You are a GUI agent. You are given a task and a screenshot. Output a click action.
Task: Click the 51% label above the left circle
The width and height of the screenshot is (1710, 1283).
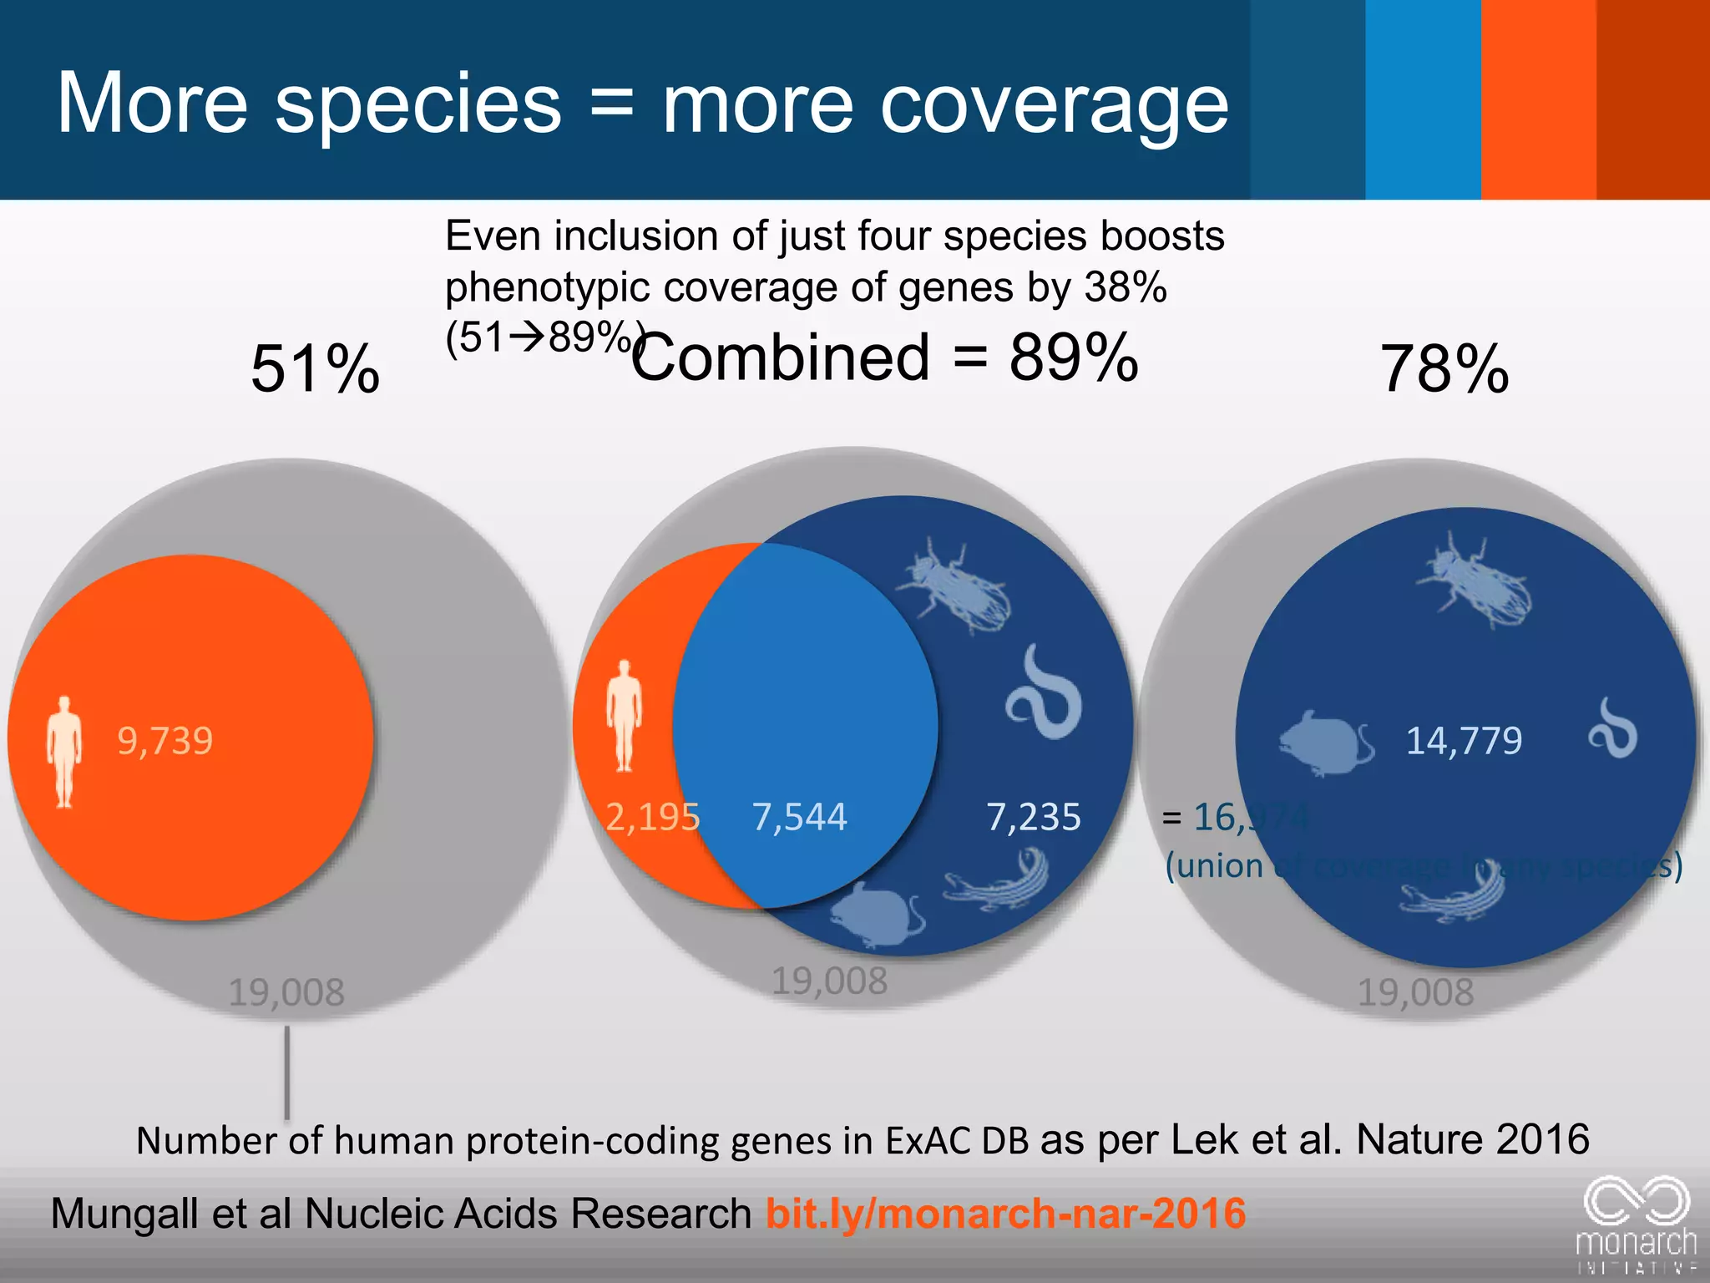pos(316,368)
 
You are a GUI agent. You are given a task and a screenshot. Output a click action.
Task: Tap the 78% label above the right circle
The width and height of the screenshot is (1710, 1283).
pos(1444,368)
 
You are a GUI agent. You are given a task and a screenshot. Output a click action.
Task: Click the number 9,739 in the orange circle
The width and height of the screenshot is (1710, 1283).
pos(165,741)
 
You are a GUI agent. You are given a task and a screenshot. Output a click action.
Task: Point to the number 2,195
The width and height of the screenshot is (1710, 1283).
pos(652,817)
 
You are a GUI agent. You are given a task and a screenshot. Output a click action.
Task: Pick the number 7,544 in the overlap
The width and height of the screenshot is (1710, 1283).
pos(799,817)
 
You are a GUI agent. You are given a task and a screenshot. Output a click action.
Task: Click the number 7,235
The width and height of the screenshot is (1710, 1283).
pos(1034,817)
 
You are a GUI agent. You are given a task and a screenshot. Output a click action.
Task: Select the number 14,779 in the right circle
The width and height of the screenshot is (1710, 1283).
pos(1464,741)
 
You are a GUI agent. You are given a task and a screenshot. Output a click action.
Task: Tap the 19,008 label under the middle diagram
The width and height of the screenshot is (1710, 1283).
pos(829,981)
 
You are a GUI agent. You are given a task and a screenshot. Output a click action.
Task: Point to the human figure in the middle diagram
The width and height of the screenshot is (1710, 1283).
pos(624,716)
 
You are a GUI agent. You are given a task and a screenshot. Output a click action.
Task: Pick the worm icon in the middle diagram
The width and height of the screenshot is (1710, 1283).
pos(1044,693)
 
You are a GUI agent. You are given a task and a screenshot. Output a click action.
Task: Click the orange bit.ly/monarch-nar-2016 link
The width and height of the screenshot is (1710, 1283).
pos(1005,1213)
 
